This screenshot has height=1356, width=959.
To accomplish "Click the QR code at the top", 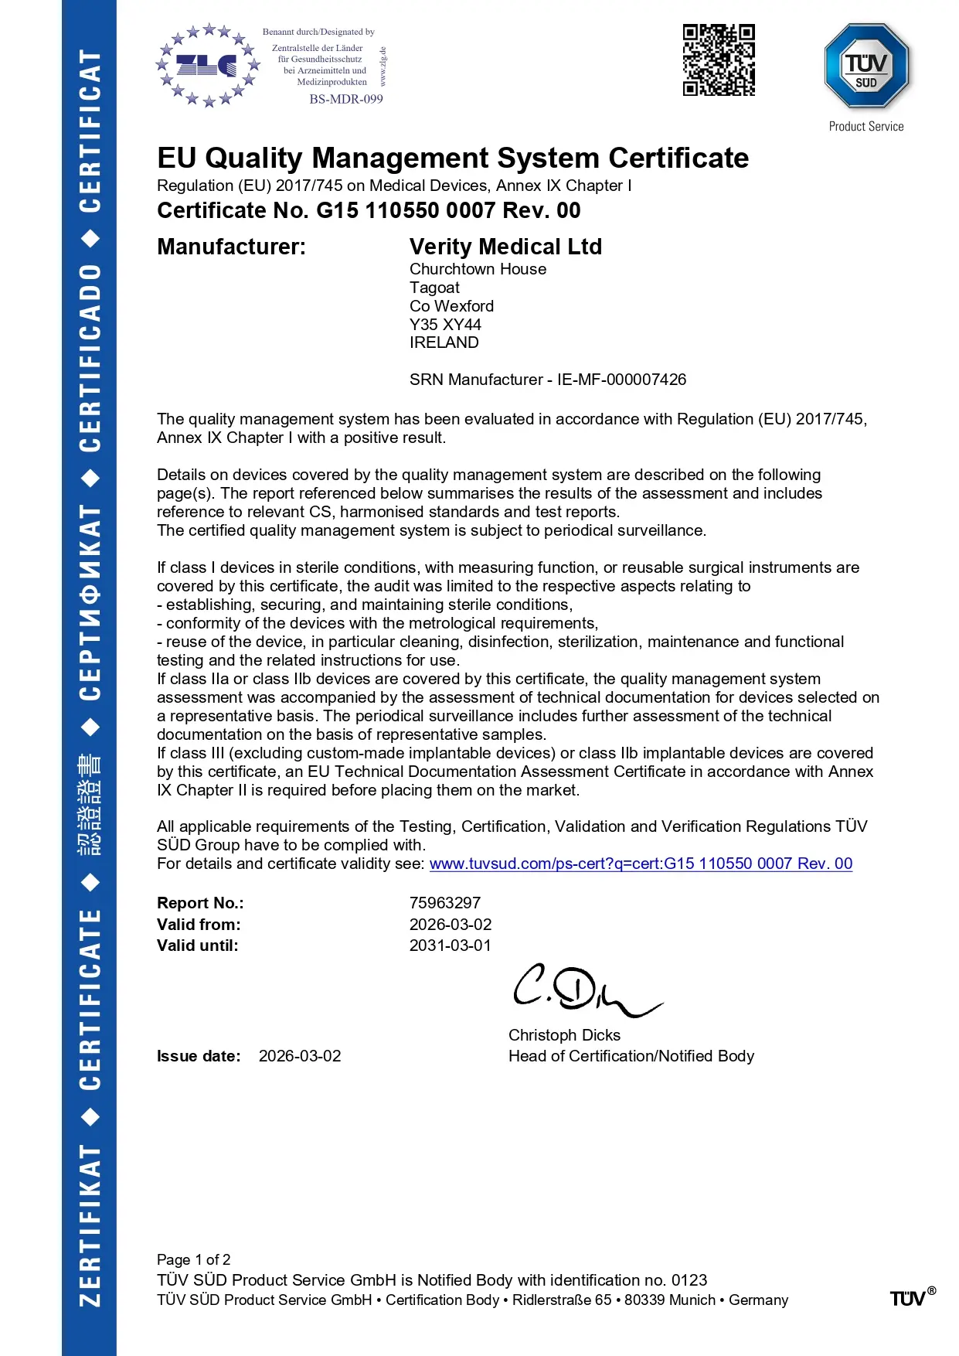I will point(719,60).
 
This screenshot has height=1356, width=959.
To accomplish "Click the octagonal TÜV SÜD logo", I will point(866,66).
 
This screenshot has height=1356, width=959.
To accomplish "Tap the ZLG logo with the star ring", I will point(207,66).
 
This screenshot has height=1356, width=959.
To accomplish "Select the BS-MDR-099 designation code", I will point(346,99).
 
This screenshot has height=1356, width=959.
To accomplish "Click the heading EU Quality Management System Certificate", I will point(453,158).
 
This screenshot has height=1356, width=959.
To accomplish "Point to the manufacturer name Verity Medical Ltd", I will point(505,247).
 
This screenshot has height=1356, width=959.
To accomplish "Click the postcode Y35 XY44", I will point(445,325).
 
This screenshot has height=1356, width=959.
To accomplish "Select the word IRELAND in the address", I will point(444,342).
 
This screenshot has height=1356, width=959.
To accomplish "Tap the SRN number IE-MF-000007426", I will point(621,380).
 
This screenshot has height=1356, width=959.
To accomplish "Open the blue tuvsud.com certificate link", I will point(641,864).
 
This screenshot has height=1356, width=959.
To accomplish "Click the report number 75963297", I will point(445,903).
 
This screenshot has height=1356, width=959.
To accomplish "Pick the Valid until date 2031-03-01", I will point(451,945).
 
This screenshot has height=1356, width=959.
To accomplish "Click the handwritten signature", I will point(583,990).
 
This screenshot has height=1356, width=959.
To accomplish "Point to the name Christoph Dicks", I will point(564,1035).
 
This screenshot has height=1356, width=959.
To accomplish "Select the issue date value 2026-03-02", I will point(300,1056).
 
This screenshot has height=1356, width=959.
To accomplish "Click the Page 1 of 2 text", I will point(193,1259).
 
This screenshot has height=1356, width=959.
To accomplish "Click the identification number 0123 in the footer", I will point(689,1280).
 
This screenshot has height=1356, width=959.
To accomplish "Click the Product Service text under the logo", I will point(866,127).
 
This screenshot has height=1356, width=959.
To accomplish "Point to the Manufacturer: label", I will point(231,247).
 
